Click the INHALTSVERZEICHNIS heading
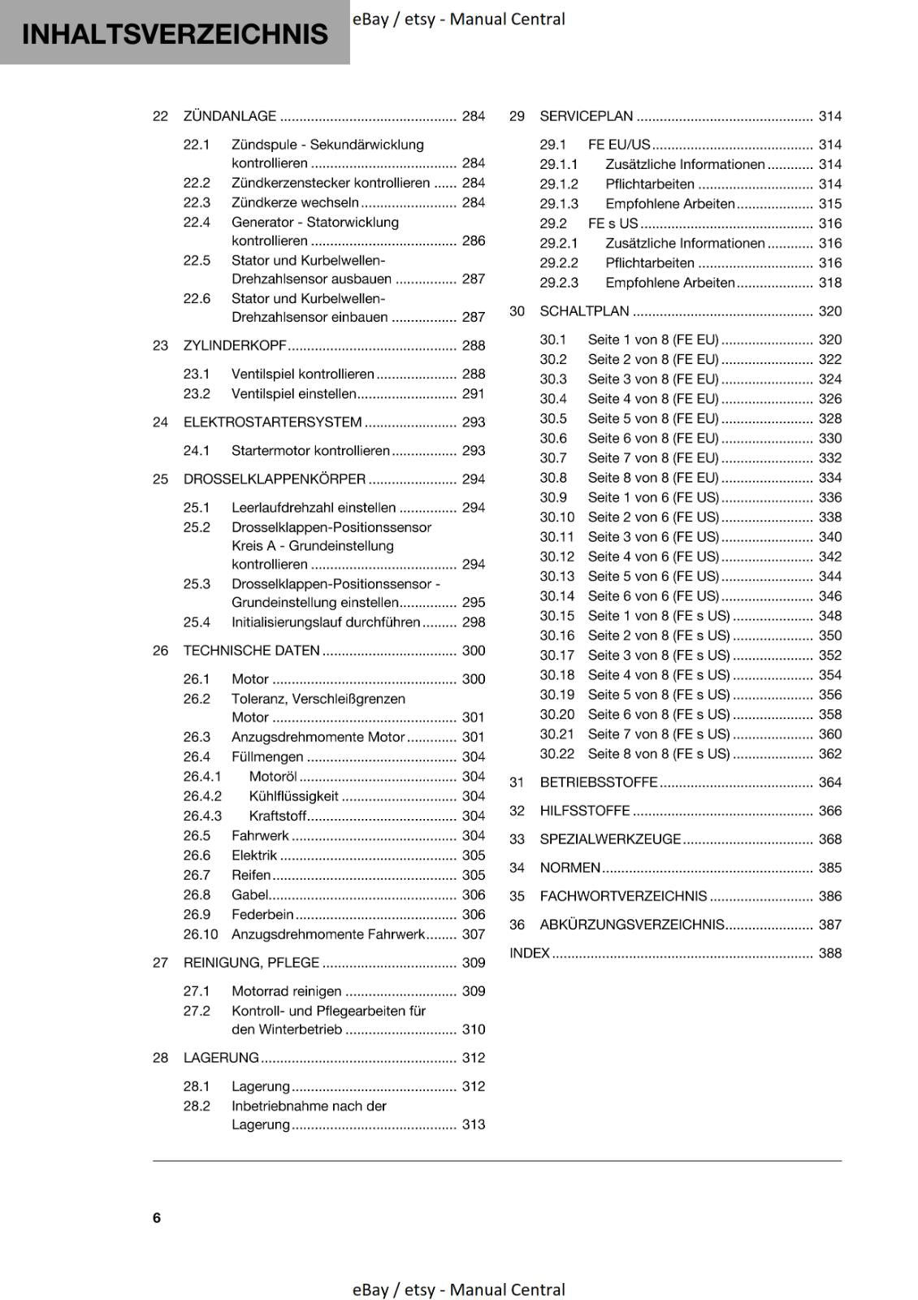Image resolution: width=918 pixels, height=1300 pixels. click(x=175, y=34)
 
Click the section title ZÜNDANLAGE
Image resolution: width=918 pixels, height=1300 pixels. click(x=230, y=116)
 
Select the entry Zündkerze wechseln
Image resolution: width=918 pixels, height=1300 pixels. click(x=295, y=202)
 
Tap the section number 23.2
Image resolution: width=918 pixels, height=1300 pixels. click(x=197, y=394)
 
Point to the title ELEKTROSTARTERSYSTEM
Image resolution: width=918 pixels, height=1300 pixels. click(x=272, y=422)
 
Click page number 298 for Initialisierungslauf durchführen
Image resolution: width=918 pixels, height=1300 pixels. click(x=473, y=622)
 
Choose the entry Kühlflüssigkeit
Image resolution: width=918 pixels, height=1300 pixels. click(x=293, y=796)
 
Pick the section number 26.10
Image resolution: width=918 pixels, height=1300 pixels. click(x=201, y=934)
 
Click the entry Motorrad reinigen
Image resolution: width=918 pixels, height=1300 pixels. click(x=286, y=991)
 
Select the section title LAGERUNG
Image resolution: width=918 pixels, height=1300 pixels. click(x=221, y=1058)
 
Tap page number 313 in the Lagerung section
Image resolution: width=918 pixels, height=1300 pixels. click(x=473, y=1125)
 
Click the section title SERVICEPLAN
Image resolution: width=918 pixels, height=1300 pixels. click(x=586, y=116)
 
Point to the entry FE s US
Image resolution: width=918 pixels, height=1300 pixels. click(x=613, y=223)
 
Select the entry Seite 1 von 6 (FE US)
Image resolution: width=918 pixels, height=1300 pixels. click(x=653, y=497)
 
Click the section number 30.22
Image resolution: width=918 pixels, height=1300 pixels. click(x=556, y=754)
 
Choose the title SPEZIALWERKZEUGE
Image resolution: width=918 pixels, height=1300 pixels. click(x=610, y=839)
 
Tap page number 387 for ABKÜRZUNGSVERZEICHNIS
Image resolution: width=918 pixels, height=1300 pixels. click(x=829, y=925)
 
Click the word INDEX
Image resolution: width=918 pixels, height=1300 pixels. click(x=530, y=953)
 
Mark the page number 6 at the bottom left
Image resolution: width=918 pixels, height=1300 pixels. click(x=157, y=1218)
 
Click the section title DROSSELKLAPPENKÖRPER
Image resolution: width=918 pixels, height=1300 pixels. click(x=275, y=479)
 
